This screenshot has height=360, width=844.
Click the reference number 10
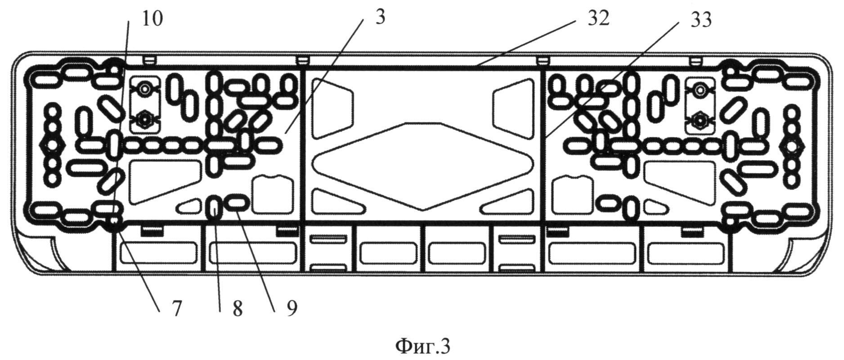(x=152, y=19)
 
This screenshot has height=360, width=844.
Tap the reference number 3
(x=380, y=18)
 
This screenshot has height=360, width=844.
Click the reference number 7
(x=175, y=309)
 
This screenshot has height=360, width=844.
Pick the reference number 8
(x=237, y=309)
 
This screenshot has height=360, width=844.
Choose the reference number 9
(x=292, y=309)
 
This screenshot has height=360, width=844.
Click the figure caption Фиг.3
(x=422, y=346)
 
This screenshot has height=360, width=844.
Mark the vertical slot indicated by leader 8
(x=214, y=207)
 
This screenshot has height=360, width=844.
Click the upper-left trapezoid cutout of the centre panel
(x=331, y=108)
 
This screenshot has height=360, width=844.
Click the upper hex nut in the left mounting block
(x=145, y=88)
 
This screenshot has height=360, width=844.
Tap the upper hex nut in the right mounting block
(x=699, y=90)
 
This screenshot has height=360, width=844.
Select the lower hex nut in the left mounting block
(x=145, y=120)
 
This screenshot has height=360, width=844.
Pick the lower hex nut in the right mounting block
(x=699, y=120)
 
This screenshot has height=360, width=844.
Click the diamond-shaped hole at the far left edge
(x=53, y=145)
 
